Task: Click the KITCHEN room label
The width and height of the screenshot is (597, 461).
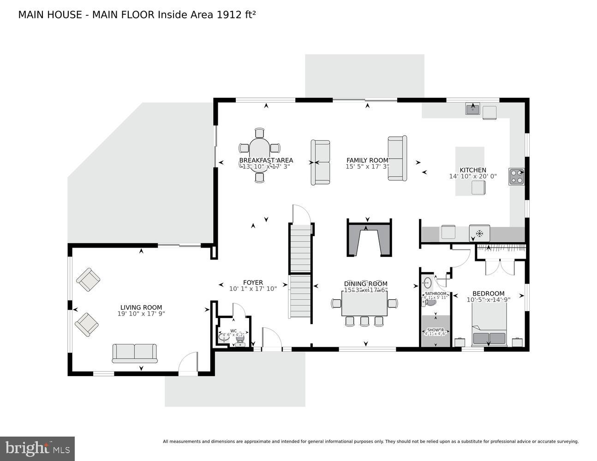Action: point(473,170)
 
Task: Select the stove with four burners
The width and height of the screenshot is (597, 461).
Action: point(516,177)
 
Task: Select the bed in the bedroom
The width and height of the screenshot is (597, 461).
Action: point(489,325)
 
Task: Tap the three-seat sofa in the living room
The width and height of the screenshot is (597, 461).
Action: point(135,353)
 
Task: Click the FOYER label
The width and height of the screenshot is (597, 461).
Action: point(253,283)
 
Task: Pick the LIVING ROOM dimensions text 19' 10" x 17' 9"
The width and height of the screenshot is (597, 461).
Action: point(141,314)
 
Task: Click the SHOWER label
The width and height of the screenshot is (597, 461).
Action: point(435,330)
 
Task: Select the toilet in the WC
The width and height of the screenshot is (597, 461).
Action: point(240,339)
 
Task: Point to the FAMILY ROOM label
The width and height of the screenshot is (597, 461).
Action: point(367,160)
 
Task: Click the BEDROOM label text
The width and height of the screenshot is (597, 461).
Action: point(488,293)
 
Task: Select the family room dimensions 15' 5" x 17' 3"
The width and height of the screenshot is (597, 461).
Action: point(367,167)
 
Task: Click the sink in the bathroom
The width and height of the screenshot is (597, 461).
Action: point(427,283)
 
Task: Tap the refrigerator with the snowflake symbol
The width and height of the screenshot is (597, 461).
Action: point(479,233)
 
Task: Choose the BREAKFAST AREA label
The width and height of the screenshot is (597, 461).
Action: point(266,160)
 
